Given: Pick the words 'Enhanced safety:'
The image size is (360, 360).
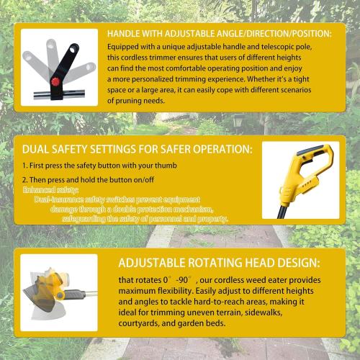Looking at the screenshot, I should click(x=45, y=189).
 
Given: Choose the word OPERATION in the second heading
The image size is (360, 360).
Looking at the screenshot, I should click(x=221, y=149).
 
